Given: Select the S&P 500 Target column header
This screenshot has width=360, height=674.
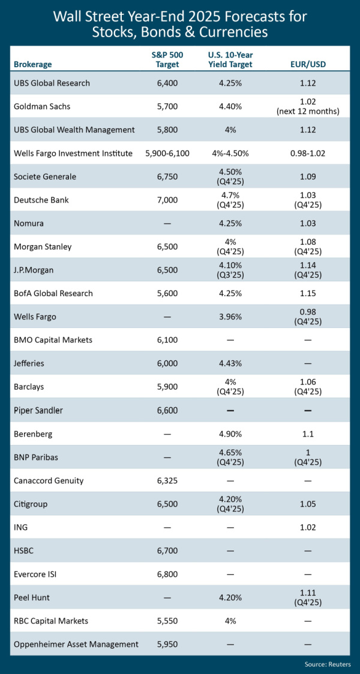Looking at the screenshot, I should coord(167,59).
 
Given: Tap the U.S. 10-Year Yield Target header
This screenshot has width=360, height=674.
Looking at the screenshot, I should coord(230,59).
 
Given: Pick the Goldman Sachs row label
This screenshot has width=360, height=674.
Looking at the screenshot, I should coord(43,106).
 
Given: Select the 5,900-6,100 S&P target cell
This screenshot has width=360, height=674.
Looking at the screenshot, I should coord(167,153).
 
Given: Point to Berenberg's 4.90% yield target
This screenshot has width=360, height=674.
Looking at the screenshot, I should coord(230,434).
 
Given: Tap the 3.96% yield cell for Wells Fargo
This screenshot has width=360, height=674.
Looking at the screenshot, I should coord(230,317).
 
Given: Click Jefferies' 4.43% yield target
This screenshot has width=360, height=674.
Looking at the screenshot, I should coord(230,363).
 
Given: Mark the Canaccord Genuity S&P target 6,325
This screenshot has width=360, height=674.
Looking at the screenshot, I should coord(167,480).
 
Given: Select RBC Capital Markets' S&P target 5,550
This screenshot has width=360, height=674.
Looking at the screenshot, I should coord(167,621).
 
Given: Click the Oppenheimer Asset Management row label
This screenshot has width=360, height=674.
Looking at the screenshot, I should coord(76,644).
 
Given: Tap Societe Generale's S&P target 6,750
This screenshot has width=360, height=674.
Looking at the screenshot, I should coord(167,176).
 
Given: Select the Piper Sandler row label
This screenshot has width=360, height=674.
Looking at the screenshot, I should coord(38,410).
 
